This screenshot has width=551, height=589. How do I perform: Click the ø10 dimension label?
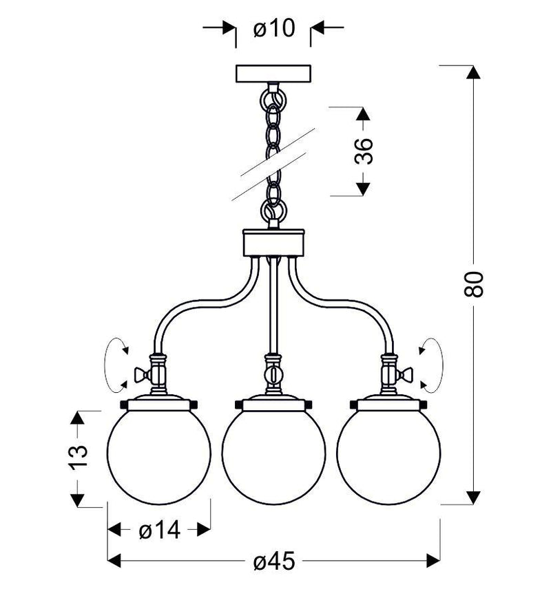(273, 28)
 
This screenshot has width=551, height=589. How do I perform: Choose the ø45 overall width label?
(273, 561)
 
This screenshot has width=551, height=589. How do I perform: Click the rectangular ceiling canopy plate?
(273, 74)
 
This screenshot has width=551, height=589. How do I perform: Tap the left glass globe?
(159, 456)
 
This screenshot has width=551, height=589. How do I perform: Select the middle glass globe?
(273, 459)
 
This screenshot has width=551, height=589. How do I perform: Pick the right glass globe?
(388, 456)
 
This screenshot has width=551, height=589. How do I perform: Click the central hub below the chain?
(273, 243)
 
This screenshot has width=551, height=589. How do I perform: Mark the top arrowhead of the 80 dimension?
(472, 72)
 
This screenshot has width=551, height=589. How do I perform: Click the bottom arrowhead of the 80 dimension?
(472, 497)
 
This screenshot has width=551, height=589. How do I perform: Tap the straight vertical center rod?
(273, 303)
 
